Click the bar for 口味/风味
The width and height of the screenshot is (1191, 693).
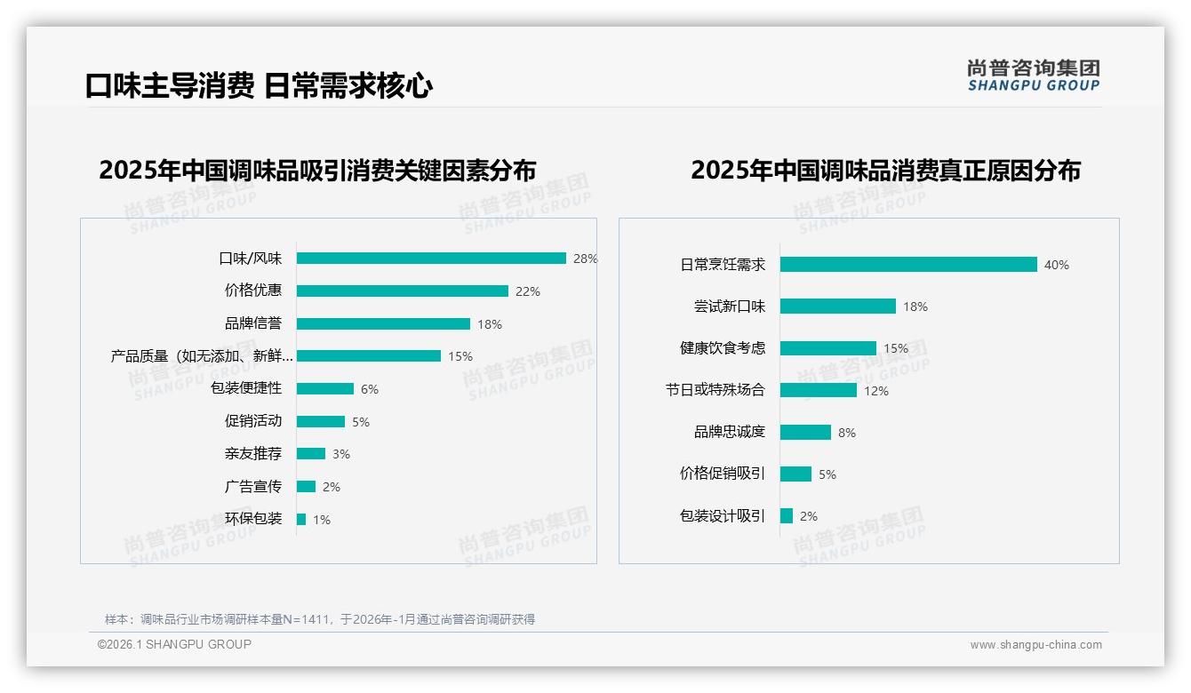pyautogui.click(x=431, y=259)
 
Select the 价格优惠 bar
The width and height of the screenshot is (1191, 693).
pyautogui.click(x=402, y=291)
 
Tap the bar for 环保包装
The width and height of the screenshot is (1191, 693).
pyautogui.click(x=301, y=519)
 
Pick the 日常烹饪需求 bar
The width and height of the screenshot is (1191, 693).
pyautogui.click(x=908, y=265)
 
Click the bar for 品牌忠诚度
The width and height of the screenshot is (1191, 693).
pyautogui.click(x=805, y=433)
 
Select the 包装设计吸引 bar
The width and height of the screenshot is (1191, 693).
pyautogui.click(x=787, y=516)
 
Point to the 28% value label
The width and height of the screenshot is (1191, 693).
pyautogui.click(x=585, y=259)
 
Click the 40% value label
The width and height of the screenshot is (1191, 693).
pyautogui.click(x=1056, y=265)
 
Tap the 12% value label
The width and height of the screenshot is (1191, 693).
pyautogui.click(x=875, y=391)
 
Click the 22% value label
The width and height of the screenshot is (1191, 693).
pyautogui.click(x=527, y=291)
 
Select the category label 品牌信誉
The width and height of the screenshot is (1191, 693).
pyautogui.click(x=252, y=323)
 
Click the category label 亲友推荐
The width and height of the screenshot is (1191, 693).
pyautogui.click(x=252, y=454)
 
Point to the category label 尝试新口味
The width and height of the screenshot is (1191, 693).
pyautogui.click(x=729, y=307)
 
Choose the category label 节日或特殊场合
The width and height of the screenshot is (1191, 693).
pyautogui.click(x=715, y=390)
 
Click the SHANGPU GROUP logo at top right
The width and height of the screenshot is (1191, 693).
pyautogui.click(x=1033, y=76)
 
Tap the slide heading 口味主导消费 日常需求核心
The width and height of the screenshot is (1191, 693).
pyautogui.click(x=259, y=86)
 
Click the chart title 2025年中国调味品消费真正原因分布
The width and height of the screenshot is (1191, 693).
pyautogui.click(x=885, y=171)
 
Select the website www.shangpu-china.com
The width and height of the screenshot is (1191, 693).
pyautogui.click(x=1035, y=645)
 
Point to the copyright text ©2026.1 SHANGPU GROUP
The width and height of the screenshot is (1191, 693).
pyautogui.click(x=174, y=644)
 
